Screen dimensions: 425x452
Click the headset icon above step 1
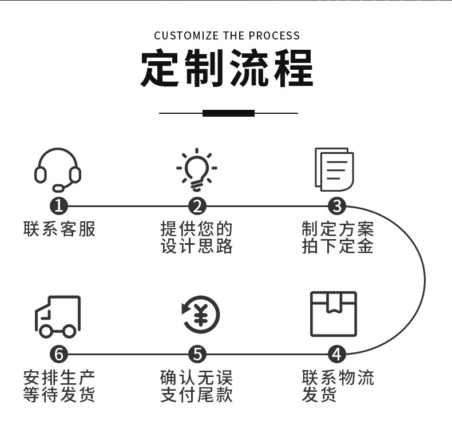click(57, 170)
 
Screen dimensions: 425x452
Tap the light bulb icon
click(197, 169)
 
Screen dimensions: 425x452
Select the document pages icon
click(334, 170)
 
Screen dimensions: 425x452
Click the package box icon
click(333, 314)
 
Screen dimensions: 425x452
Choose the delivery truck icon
click(58, 316)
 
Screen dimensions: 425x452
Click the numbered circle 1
click(58, 206)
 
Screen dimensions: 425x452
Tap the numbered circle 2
click(197, 206)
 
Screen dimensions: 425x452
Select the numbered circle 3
click(336, 206)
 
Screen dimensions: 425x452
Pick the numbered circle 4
click(336, 354)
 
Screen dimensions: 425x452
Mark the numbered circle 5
click(197, 354)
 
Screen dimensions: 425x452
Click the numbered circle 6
click(58, 354)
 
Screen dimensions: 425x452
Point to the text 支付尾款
click(196, 395)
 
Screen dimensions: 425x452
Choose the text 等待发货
click(60, 395)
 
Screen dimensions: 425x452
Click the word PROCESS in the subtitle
click(273, 36)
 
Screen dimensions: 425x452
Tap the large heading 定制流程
click(227, 69)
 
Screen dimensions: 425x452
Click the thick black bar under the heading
click(228, 113)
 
